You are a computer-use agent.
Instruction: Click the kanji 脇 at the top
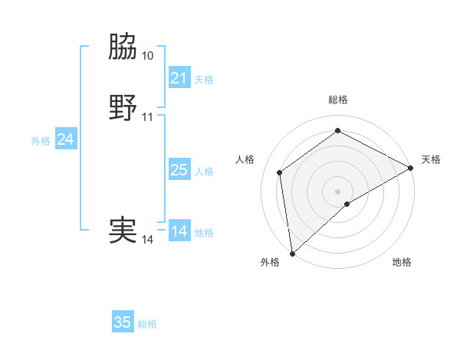click(123, 48)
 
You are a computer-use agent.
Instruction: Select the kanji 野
click(123, 108)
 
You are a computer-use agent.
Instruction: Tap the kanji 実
click(123, 231)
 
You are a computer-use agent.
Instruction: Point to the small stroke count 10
click(148, 56)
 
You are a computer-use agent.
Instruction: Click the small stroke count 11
click(148, 117)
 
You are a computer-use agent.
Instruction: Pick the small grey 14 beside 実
click(148, 240)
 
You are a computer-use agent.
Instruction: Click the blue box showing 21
click(179, 78)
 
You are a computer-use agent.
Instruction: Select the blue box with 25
click(179, 170)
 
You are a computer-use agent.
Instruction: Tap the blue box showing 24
click(66, 139)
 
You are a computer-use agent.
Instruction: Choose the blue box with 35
click(123, 322)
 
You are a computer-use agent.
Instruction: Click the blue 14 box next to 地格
click(179, 231)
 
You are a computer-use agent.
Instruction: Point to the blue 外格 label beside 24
click(41, 141)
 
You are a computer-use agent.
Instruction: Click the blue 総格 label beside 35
click(147, 324)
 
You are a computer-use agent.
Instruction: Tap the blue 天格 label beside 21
click(204, 80)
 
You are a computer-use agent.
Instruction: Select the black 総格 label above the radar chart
click(338, 100)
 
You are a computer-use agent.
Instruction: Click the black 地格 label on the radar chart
click(402, 262)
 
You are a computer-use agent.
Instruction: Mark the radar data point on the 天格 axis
click(411, 169)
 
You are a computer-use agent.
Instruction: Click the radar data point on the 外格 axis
click(292, 253)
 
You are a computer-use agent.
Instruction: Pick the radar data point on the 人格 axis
click(280, 172)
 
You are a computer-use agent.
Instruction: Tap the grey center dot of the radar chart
click(337, 191)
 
